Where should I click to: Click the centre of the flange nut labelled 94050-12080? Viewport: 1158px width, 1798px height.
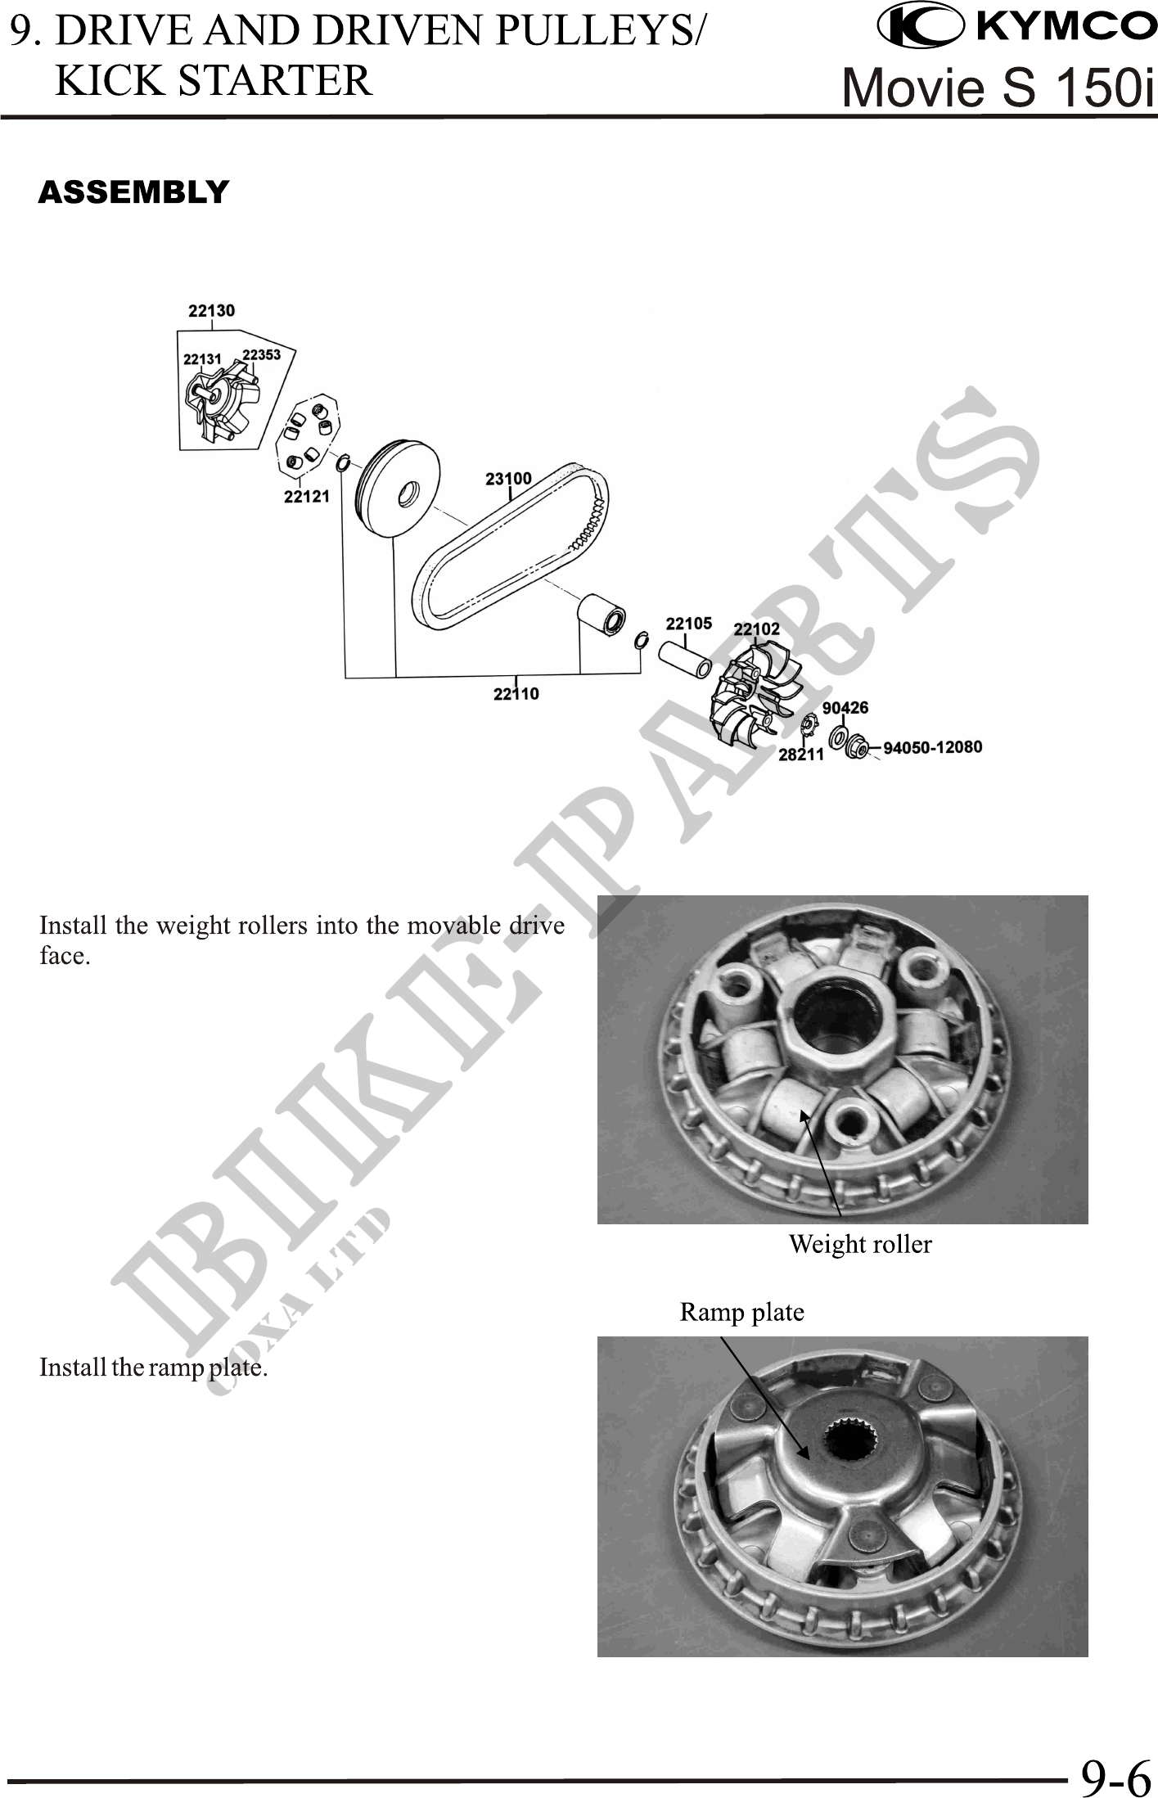tap(856, 746)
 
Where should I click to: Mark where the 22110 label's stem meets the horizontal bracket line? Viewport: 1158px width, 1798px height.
tap(516, 676)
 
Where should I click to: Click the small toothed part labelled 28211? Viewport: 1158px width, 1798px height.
tap(809, 725)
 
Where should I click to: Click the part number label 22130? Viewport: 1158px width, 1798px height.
tap(211, 310)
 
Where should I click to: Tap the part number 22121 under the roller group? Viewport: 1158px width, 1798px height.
tap(306, 496)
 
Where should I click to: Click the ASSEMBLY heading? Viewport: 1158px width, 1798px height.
tap(133, 192)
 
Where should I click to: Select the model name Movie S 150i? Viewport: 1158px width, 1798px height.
tap(998, 87)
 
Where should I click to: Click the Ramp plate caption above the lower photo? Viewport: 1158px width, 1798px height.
tap(742, 1313)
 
